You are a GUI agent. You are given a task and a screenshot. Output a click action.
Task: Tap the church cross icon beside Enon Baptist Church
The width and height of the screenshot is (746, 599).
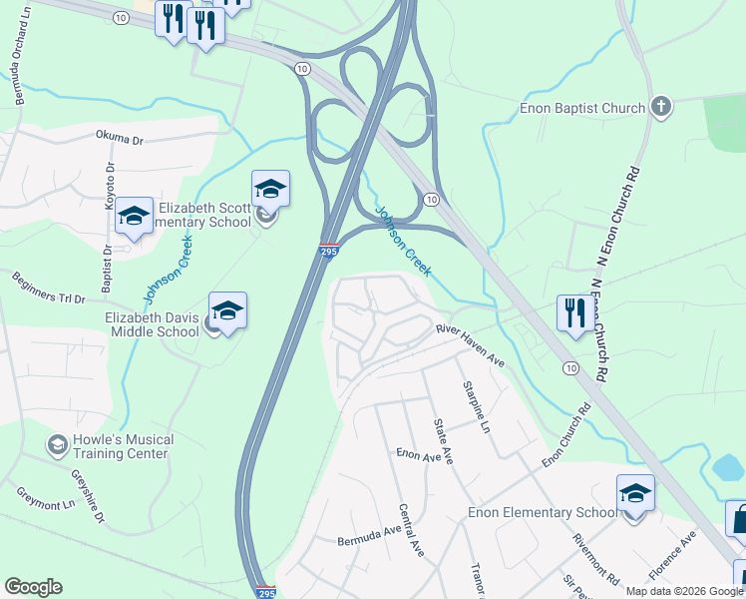click(x=659, y=106)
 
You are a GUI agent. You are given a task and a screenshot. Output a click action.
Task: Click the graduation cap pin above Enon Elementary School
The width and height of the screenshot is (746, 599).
click(x=635, y=494)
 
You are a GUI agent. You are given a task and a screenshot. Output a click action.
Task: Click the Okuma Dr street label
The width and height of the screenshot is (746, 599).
click(x=121, y=135)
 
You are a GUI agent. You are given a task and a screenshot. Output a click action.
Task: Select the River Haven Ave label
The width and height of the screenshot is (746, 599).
click(x=469, y=347)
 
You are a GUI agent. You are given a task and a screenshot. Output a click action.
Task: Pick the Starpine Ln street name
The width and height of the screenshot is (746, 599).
click(x=475, y=405)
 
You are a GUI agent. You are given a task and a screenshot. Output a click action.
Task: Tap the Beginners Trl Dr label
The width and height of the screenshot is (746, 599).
click(x=48, y=287)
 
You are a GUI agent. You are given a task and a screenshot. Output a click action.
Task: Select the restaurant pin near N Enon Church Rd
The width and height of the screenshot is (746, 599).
click(x=571, y=312)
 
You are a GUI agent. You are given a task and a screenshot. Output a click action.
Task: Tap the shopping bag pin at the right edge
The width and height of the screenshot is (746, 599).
click(x=738, y=519)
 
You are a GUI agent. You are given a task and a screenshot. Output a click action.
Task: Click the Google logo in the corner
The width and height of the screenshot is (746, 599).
click(x=33, y=587)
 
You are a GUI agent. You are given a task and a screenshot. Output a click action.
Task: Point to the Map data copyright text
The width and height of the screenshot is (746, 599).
click(x=685, y=591)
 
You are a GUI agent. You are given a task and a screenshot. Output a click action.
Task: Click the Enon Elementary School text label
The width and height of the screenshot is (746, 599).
click(x=543, y=513)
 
